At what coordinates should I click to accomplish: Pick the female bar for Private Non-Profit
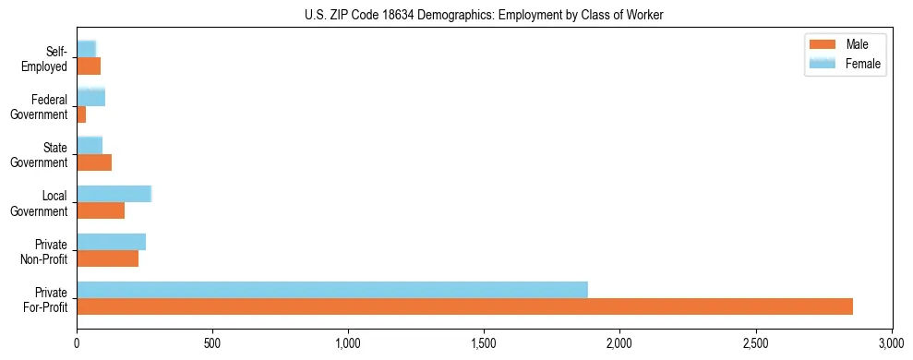click(111, 242)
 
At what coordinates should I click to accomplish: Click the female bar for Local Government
click(114, 194)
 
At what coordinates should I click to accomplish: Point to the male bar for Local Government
click(101, 210)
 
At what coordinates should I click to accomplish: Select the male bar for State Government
click(94, 162)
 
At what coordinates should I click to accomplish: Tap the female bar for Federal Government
click(90, 97)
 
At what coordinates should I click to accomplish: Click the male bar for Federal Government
click(81, 114)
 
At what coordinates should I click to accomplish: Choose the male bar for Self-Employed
click(89, 66)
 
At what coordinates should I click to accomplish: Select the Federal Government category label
click(40, 106)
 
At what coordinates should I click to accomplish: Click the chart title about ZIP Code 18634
click(484, 15)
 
